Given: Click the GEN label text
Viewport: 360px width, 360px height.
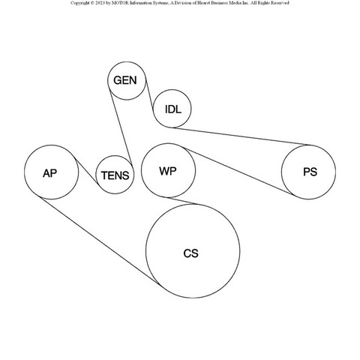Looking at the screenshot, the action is coord(125,80).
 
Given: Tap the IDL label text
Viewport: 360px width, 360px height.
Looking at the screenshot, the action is coord(173,109).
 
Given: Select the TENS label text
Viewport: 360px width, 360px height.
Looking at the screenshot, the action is coord(115,175).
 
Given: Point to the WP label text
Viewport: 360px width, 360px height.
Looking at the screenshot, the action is coord(168,171).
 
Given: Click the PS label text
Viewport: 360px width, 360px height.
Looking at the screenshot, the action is coord(310,172).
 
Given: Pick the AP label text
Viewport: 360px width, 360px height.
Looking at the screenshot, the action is coord(49,173).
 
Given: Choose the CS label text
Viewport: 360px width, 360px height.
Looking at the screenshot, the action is coord(191,253).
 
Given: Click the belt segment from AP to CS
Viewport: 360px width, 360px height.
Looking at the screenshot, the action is coord(100,241).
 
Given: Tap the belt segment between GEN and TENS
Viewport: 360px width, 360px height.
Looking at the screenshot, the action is coord(121,127).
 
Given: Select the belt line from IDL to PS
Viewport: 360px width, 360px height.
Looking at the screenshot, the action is coord(241,136).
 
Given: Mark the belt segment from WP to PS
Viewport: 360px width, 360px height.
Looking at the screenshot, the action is coord(238,172).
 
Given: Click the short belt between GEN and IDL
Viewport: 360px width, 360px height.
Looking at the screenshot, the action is coord(149,95).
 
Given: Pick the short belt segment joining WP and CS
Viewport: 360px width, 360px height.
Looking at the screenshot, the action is coord(181,201).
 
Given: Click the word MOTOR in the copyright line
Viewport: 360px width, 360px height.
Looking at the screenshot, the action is coord(120,3).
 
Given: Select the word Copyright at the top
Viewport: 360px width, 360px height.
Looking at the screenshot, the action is coord(79,3).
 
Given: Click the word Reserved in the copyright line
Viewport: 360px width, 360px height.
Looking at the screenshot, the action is coord(280,3).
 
